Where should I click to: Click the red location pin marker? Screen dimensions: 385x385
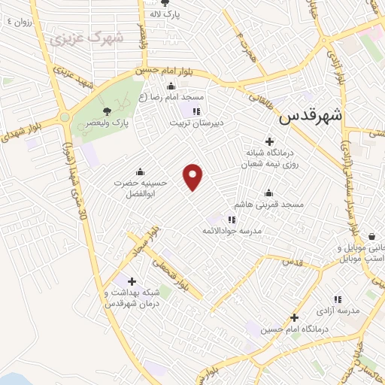[x=194, y=176]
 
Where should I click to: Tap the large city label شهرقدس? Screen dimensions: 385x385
[x=311, y=117]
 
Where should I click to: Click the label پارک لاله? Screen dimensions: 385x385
[x=164, y=14]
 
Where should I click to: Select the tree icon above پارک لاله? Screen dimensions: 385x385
[x=165, y=3]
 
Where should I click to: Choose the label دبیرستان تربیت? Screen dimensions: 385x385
[x=198, y=122]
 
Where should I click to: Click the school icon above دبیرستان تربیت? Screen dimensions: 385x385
[x=197, y=111]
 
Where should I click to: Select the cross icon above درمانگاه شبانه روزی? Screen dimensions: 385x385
[x=270, y=141]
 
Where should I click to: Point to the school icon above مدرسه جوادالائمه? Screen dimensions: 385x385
[x=232, y=220]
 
